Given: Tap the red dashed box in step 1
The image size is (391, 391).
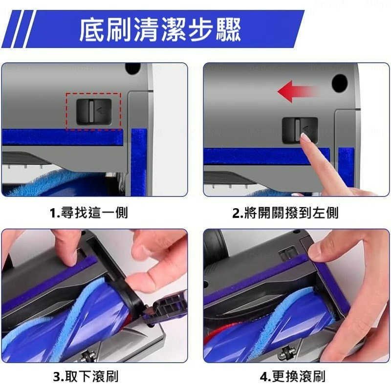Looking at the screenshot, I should (x=93, y=111).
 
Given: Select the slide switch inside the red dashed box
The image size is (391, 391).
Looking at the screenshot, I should (x=93, y=111).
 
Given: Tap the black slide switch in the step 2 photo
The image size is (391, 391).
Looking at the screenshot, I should (x=299, y=130).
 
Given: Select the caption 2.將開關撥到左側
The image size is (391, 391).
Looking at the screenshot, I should (x=285, y=213).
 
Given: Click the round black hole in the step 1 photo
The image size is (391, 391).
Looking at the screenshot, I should (x=132, y=68).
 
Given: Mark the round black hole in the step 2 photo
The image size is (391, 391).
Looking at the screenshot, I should (x=339, y=83).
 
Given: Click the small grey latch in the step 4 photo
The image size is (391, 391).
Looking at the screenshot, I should (x=288, y=252).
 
